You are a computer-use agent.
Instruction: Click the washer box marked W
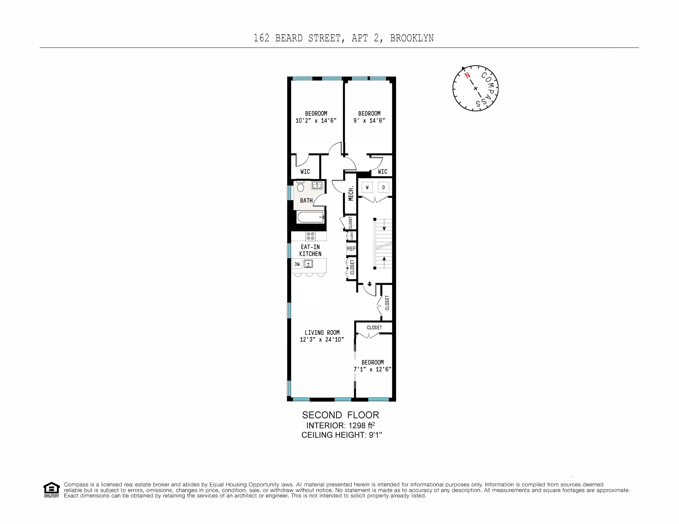click(367, 187)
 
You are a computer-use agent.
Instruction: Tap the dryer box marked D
click(383, 187)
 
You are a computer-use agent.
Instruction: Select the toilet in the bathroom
click(300, 187)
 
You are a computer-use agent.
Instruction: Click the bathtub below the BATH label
click(310, 217)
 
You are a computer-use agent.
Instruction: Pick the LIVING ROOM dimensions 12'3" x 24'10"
click(322, 340)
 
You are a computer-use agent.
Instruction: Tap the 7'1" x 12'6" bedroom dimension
click(372, 369)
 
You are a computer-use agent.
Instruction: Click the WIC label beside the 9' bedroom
click(382, 171)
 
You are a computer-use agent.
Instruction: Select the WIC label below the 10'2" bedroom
click(305, 171)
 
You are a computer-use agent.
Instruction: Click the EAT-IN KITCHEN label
click(310, 250)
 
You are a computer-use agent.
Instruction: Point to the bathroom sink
click(317, 186)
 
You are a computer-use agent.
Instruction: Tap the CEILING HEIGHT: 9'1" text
click(341, 435)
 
